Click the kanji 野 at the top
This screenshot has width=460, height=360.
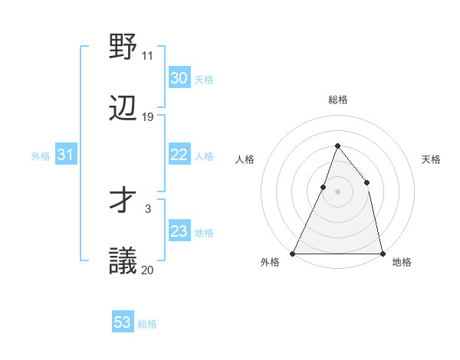[x=123, y=47]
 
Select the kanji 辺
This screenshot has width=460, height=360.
[x=123, y=108]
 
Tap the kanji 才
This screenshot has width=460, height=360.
[x=123, y=201]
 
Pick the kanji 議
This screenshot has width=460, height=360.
[x=123, y=261]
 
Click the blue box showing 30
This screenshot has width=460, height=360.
[x=179, y=78]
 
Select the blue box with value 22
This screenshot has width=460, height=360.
[x=179, y=155]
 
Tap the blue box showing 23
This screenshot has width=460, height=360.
[x=179, y=231]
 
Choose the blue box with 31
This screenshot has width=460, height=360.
[x=65, y=155]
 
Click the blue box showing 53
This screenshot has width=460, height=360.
[x=123, y=322]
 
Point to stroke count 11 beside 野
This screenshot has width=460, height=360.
[x=147, y=56]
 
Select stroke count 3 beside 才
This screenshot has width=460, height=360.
[x=147, y=208]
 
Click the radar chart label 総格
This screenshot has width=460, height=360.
[x=337, y=100]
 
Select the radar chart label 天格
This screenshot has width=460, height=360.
[x=431, y=159]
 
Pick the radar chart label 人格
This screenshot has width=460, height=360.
[x=245, y=159]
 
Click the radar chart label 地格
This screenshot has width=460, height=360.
[x=402, y=262]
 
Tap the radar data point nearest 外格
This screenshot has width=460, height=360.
[x=293, y=253]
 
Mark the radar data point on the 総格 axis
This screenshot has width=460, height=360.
[x=337, y=146]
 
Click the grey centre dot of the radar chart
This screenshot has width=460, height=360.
[x=337, y=191]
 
